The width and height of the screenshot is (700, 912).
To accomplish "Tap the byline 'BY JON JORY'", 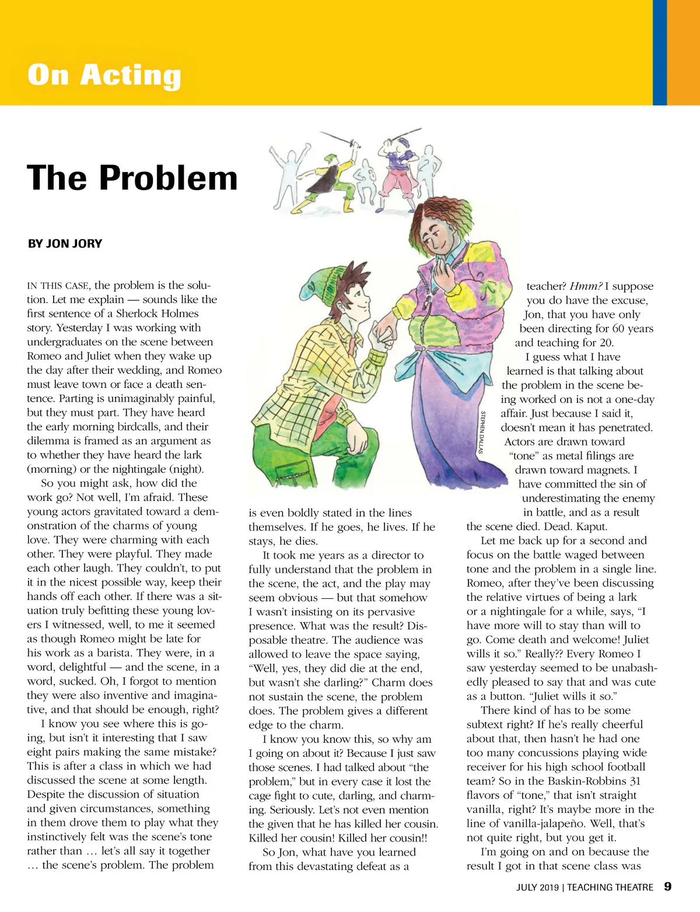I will tap(65, 244).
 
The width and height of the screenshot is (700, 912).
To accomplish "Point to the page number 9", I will tap(667, 886).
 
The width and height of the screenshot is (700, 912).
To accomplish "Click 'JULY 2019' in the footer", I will tap(537, 888).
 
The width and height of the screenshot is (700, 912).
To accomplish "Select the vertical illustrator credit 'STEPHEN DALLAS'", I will tap(482, 432).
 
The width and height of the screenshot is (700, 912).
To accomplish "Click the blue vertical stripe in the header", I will tap(659, 52).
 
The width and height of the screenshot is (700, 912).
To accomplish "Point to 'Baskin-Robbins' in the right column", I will tap(565, 781).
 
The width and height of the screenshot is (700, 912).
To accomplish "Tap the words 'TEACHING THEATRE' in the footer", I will tap(610, 888).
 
